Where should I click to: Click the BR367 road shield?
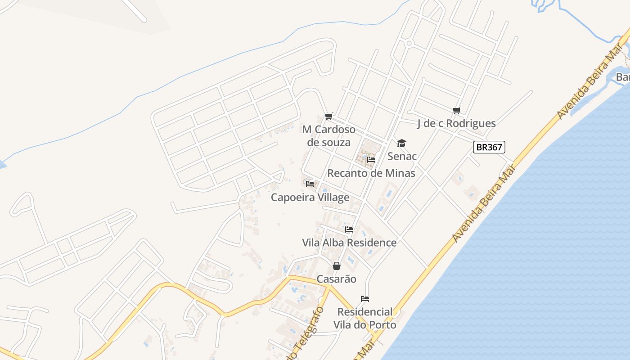(489, 147)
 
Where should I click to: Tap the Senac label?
(402, 157)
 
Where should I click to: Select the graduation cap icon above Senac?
(401, 144)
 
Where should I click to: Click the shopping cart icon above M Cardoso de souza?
(329, 117)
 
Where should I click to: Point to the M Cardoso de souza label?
(329, 136)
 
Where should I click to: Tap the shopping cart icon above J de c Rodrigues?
(457, 110)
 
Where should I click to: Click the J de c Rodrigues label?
(456, 123)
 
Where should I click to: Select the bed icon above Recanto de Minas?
(371, 160)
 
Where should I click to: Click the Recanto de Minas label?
(371, 173)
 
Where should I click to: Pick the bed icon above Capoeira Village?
(310, 184)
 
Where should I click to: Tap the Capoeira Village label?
(310, 198)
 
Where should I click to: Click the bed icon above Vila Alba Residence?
(349, 229)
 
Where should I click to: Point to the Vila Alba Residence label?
(349, 243)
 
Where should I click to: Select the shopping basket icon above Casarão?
(336, 266)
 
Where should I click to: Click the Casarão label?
(336, 279)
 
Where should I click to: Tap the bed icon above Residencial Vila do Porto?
(365, 299)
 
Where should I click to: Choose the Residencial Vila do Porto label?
(365, 318)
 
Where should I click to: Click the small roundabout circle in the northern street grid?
(409, 43)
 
